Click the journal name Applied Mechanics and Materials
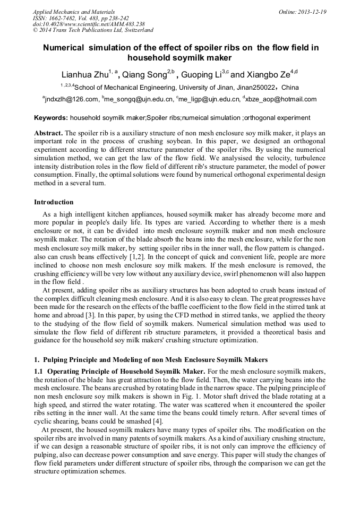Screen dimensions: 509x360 (73, 11)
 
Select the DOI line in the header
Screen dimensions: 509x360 (89, 24)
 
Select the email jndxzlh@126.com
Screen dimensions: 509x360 (72, 99)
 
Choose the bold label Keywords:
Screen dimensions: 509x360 (51, 117)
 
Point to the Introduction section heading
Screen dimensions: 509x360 (54, 202)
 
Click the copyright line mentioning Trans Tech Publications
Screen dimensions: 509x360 (93, 30)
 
